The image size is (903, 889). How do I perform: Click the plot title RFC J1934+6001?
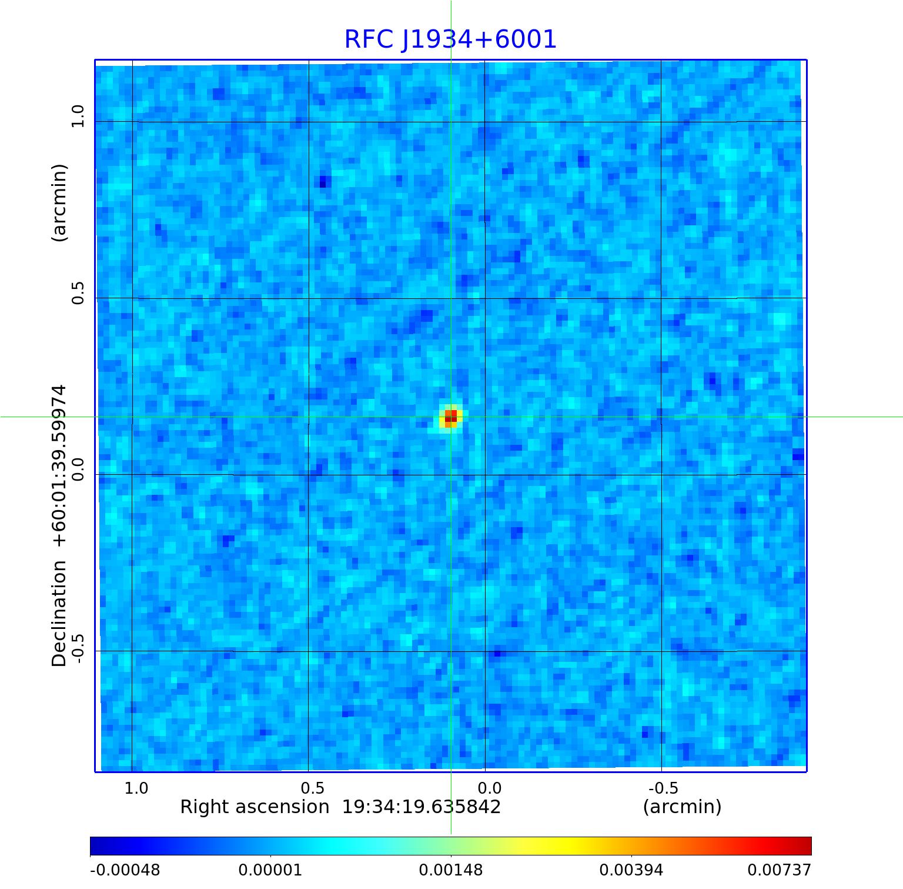450,39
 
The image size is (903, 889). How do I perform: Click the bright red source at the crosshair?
450,418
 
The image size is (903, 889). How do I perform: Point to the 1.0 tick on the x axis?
136,788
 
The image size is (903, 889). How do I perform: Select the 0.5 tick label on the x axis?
312,788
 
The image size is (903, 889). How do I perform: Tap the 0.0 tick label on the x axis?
489,788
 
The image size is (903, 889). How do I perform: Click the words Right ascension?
255,807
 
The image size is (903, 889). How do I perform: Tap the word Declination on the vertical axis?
59,613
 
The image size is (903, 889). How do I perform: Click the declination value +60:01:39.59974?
59,466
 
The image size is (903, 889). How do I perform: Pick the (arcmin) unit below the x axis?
682,807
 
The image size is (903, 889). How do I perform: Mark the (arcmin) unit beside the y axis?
59,202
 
